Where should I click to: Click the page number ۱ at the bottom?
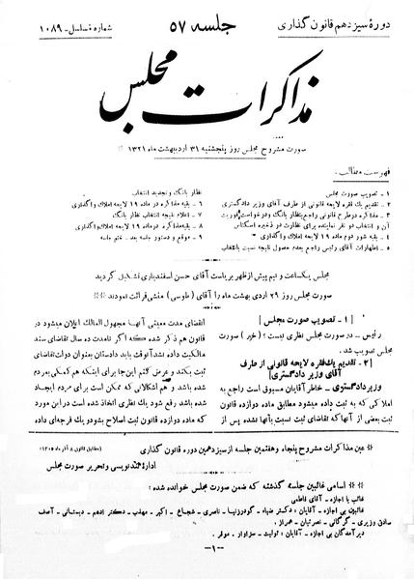[207, 565]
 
